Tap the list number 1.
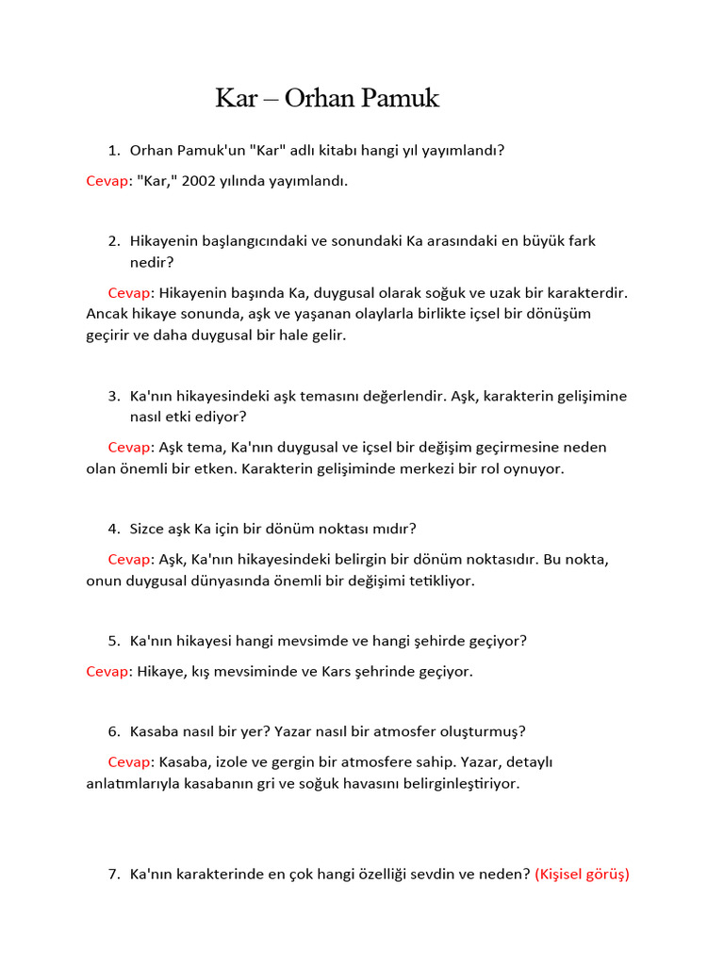[113, 150]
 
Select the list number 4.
[113, 529]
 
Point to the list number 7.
[113, 875]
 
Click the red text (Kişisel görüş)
[582, 875]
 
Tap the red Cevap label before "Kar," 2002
[107, 180]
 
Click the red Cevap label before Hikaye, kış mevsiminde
[107, 671]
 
